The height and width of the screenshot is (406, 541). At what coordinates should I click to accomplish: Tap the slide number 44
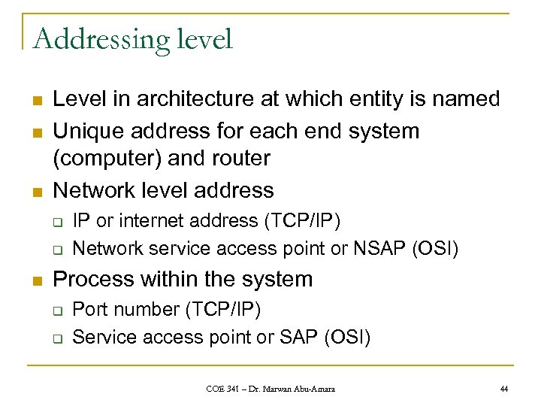tap(503, 387)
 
